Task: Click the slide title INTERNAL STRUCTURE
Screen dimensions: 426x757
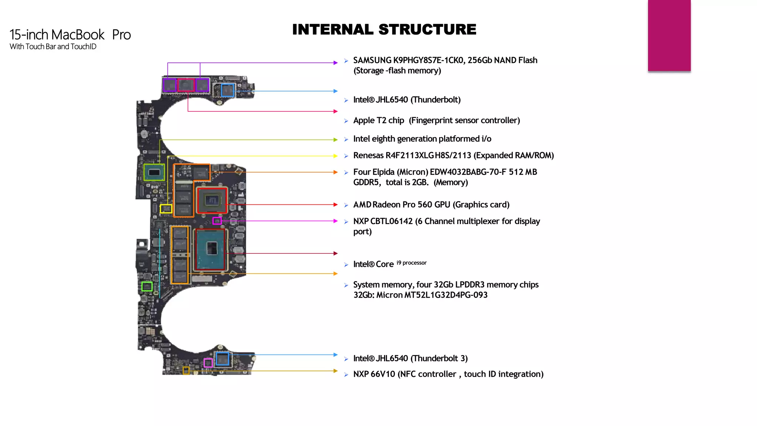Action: click(x=384, y=30)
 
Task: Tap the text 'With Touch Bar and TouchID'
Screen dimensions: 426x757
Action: click(x=53, y=47)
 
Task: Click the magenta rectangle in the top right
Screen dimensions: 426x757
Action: click(x=669, y=35)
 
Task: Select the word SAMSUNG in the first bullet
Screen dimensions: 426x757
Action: click(x=372, y=60)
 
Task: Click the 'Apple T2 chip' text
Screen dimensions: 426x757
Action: click(x=378, y=121)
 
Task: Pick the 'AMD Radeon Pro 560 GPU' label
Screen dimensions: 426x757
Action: click(x=401, y=205)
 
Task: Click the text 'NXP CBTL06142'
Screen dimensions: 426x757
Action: click(x=383, y=221)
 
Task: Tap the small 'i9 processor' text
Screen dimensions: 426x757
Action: click(x=411, y=263)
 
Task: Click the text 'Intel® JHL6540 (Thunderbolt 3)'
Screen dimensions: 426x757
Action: click(x=410, y=358)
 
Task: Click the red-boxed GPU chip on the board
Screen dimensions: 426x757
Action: click(x=212, y=200)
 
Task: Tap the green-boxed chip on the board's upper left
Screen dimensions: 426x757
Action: click(x=154, y=172)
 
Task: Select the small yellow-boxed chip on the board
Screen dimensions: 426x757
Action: click(x=166, y=209)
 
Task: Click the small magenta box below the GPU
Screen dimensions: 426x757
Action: click(x=217, y=221)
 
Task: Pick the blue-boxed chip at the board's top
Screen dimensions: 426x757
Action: click(x=227, y=90)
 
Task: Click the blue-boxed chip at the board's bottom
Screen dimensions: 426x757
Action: click(x=222, y=359)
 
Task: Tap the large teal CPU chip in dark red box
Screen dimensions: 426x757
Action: click(x=211, y=249)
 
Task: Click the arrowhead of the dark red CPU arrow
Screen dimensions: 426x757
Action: click(x=335, y=253)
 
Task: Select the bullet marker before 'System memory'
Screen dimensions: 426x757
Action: click(x=346, y=285)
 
